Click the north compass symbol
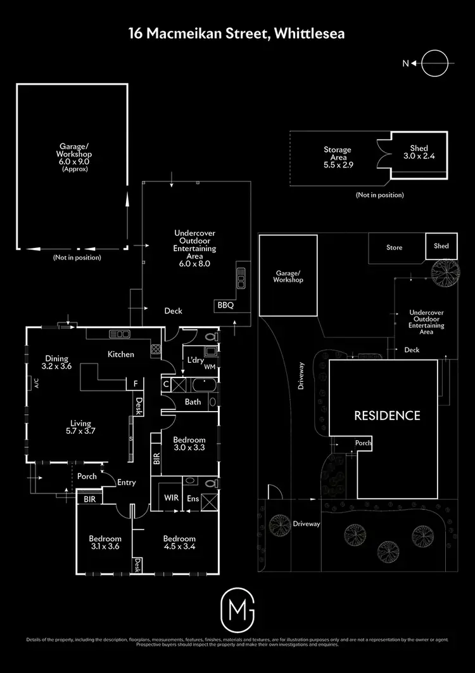[434, 63]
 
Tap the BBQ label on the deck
[225, 305]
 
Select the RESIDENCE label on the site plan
[386, 415]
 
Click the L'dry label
[194, 360]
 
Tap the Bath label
[193, 402]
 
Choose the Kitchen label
[120, 354]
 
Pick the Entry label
[127, 482]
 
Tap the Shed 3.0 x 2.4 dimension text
[419, 152]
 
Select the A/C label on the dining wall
[36, 382]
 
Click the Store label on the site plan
[395, 247]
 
